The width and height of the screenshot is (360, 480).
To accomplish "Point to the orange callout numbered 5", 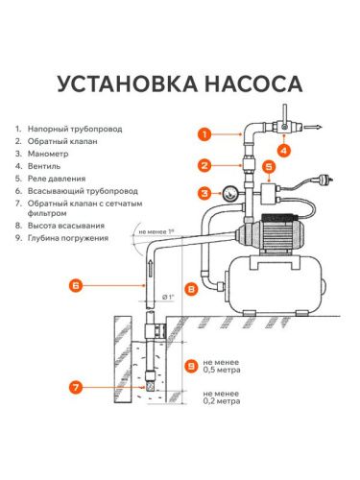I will click(x=269, y=166).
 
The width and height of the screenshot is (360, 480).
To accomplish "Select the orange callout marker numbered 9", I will click(x=193, y=367).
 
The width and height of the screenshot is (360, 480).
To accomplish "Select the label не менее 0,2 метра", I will click(x=227, y=398).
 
